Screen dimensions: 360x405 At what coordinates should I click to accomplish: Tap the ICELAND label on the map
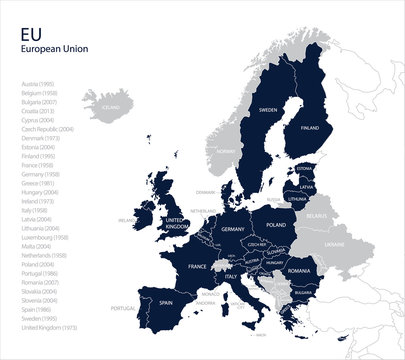111,105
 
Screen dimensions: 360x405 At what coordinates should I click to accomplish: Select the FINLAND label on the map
310,127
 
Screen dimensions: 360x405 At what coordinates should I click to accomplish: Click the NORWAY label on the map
226,150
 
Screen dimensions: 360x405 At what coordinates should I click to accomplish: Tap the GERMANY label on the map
233,229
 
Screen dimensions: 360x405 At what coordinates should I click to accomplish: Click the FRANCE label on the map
197,267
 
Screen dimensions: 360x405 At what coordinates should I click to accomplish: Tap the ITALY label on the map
231,275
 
